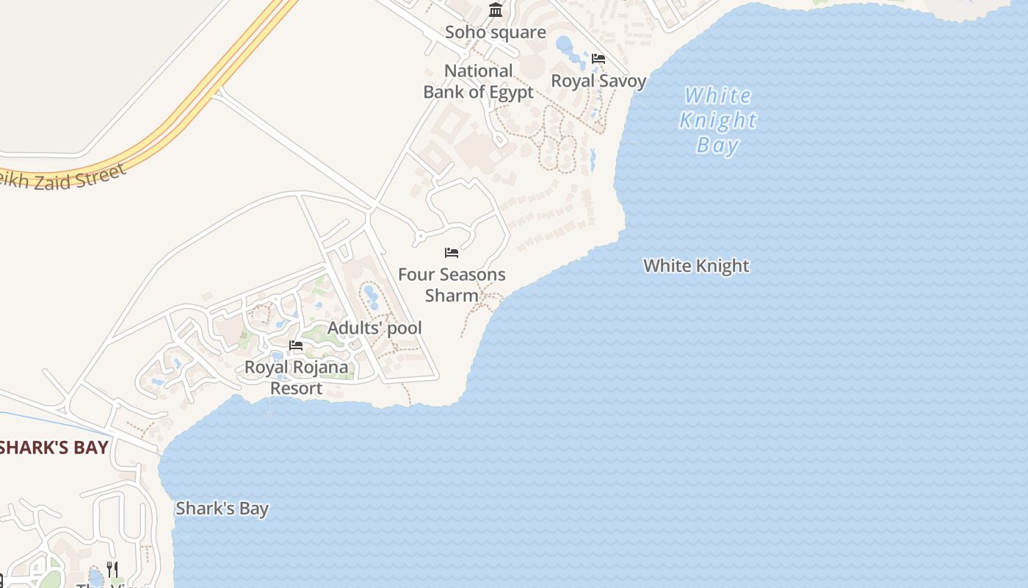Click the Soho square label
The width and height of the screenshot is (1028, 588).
pyautogui.click(x=496, y=32)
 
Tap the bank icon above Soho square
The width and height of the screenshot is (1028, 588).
pyautogui.click(x=496, y=10)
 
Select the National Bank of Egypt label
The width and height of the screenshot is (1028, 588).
pyautogui.click(x=479, y=82)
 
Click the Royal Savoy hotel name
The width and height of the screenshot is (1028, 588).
pyautogui.click(x=598, y=81)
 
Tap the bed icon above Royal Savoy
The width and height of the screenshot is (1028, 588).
pyautogui.click(x=598, y=59)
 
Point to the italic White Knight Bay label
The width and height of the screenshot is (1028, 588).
pyautogui.click(x=717, y=120)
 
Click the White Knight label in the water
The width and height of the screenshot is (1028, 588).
pyautogui.click(x=696, y=266)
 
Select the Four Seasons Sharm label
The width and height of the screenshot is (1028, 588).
pyautogui.click(x=452, y=284)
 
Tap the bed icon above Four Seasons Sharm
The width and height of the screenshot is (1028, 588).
pyautogui.click(x=452, y=253)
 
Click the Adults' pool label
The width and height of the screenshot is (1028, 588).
pyautogui.click(x=374, y=328)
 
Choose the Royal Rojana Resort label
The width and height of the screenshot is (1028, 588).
pyautogui.click(x=297, y=377)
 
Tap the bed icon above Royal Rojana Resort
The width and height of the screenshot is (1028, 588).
pyautogui.click(x=296, y=345)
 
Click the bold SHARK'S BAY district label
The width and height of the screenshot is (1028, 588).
pyautogui.click(x=54, y=448)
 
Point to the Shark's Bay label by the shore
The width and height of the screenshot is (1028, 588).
pyautogui.click(x=222, y=509)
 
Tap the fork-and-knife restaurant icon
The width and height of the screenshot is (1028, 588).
pyautogui.click(x=112, y=569)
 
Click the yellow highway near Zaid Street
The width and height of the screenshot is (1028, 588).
pyautogui.click(x=184, y=118)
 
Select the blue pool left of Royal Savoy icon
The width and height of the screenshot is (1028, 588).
pyautogui.click(x=565, y=46)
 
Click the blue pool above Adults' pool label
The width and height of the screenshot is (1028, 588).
pyautogui.click(x=371, y=296)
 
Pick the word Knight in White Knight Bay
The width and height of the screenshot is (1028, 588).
pyautogui.click(x=717, y=120)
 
